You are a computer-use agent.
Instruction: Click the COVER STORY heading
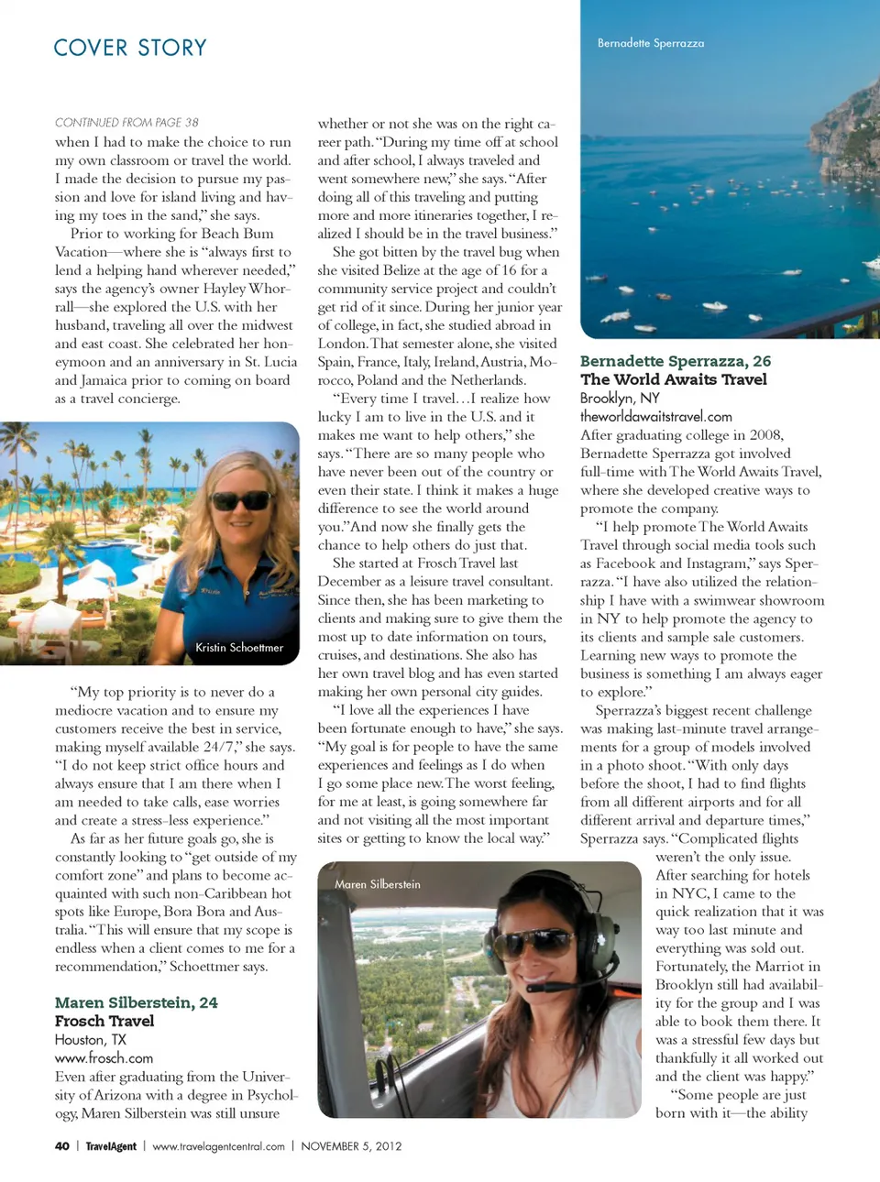(x=130, y=48)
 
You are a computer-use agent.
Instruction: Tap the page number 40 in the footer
(x=62, y=1146)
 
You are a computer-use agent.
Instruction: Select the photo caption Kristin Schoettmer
(x=239, y=648)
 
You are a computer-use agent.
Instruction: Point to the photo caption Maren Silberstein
(x=378, y=884)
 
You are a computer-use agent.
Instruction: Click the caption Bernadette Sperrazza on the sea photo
(x=651, y=43)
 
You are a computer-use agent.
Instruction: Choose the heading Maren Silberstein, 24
(x=137, y=1002)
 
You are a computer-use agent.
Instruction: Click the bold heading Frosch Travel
(x=104, y=1021)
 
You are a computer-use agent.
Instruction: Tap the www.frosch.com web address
(x=104, y=1058)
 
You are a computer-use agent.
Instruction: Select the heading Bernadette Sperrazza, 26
(x=676, y=361)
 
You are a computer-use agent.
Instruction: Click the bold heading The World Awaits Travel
(x=674, y=379)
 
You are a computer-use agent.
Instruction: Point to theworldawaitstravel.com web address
(x=656, y=416)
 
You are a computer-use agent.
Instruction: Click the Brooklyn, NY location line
(x=620, y=398)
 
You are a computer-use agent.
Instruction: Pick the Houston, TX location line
(x=91, y=1040)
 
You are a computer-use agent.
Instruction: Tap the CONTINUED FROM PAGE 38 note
(x=126, y=123)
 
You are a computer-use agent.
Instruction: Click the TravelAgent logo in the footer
(x=111, y=1146)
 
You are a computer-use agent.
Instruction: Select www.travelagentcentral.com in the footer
(x=218, y=1146)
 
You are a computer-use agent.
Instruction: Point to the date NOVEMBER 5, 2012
(x=351, y=1146)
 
